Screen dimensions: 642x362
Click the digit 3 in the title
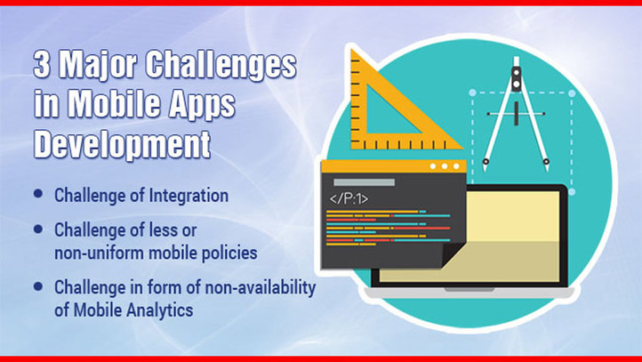click(42, 65)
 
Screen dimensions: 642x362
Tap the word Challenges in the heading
click(221, 66)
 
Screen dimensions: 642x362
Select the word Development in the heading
click(122, 145)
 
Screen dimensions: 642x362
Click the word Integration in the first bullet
click(189, 196)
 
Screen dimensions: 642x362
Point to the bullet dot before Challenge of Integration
click(38, 193)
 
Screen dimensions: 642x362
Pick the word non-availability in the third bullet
click(261, 287)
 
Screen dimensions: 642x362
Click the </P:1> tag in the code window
click(349, 199)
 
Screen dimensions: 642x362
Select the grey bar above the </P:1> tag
click(364, 182)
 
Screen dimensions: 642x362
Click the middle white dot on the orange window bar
click(445, 166)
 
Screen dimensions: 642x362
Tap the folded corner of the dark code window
click(453, 253)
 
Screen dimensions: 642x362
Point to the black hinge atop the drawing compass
click(517, 77)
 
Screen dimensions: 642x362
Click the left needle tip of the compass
click(486, 168)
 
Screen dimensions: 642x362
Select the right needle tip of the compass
click(547, 168)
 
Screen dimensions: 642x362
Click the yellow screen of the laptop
click(512, 237)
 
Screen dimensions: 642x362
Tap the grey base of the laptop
click(469, 293)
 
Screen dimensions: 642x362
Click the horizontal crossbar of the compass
click(516, 114)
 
